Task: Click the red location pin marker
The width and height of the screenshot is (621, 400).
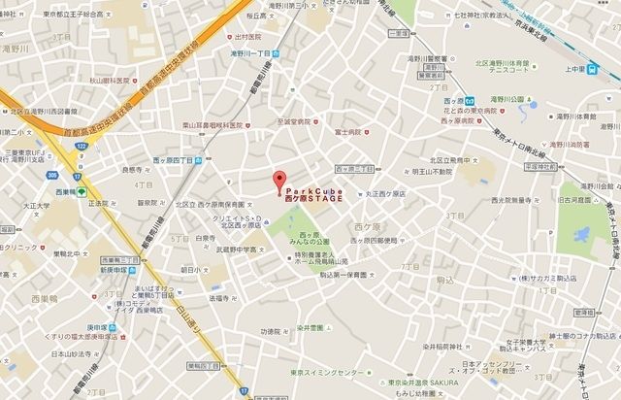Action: tap(279, 181)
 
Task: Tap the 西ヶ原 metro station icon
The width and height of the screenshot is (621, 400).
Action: tap(469, 98)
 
